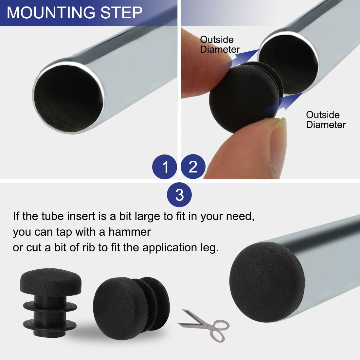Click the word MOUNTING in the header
pyautogui.click(x=51, y=12)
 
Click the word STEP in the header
pyautogui.click(x=121, y=12)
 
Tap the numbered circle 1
pyautogui.click(x=164, y=167)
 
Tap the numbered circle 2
pyautogui.click(x=193, y=167)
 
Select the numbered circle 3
pyautogui.click(x=179, y=195)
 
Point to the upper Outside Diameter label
pyautogui.click(x=220, y=45)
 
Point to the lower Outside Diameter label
pyautogui.click(x=326, y=119)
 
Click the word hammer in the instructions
pyautogui.click(x=130, y=232)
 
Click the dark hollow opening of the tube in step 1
pyautogui.click(x=68, y=99)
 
